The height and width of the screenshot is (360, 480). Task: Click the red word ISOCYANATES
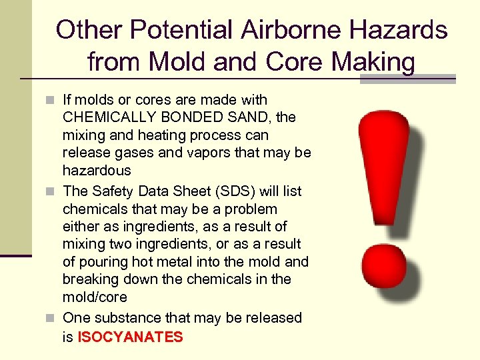click(130, 337)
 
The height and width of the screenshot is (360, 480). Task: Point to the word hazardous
click(97, 171)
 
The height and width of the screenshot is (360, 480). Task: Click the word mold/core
click(95, 297)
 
